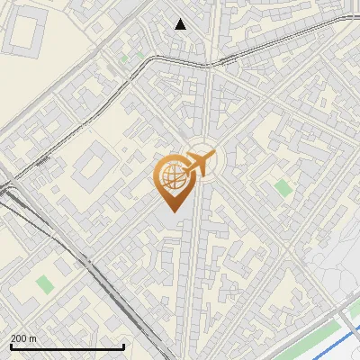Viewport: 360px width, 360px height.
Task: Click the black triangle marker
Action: click(181, 24)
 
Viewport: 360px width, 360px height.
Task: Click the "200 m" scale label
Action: click(23, 338)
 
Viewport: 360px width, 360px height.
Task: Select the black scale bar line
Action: click(67, 346)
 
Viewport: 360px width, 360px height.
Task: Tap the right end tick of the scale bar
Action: click(123, 345)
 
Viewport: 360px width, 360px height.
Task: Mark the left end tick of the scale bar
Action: click(10, 345)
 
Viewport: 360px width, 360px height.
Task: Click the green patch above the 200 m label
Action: click(44, 284)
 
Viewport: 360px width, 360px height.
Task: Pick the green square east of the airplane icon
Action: click(283, 188)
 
